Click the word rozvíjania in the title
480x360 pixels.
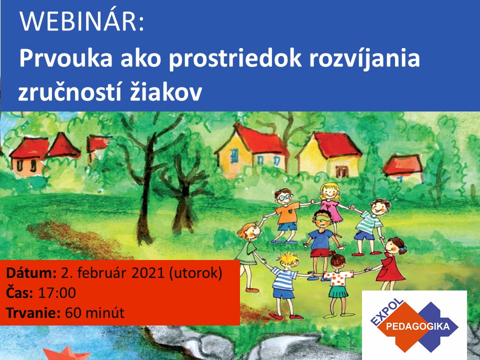point(364,59)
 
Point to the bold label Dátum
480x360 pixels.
point(31,272)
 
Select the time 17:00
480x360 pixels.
point(57,293)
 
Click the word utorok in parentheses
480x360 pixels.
point(195,273)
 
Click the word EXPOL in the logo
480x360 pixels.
point(386,311)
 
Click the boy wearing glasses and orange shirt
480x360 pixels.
point(285,215)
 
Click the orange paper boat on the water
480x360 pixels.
point(66,353)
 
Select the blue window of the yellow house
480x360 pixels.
point(234,156)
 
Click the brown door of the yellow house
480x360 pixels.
point(341,171)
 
